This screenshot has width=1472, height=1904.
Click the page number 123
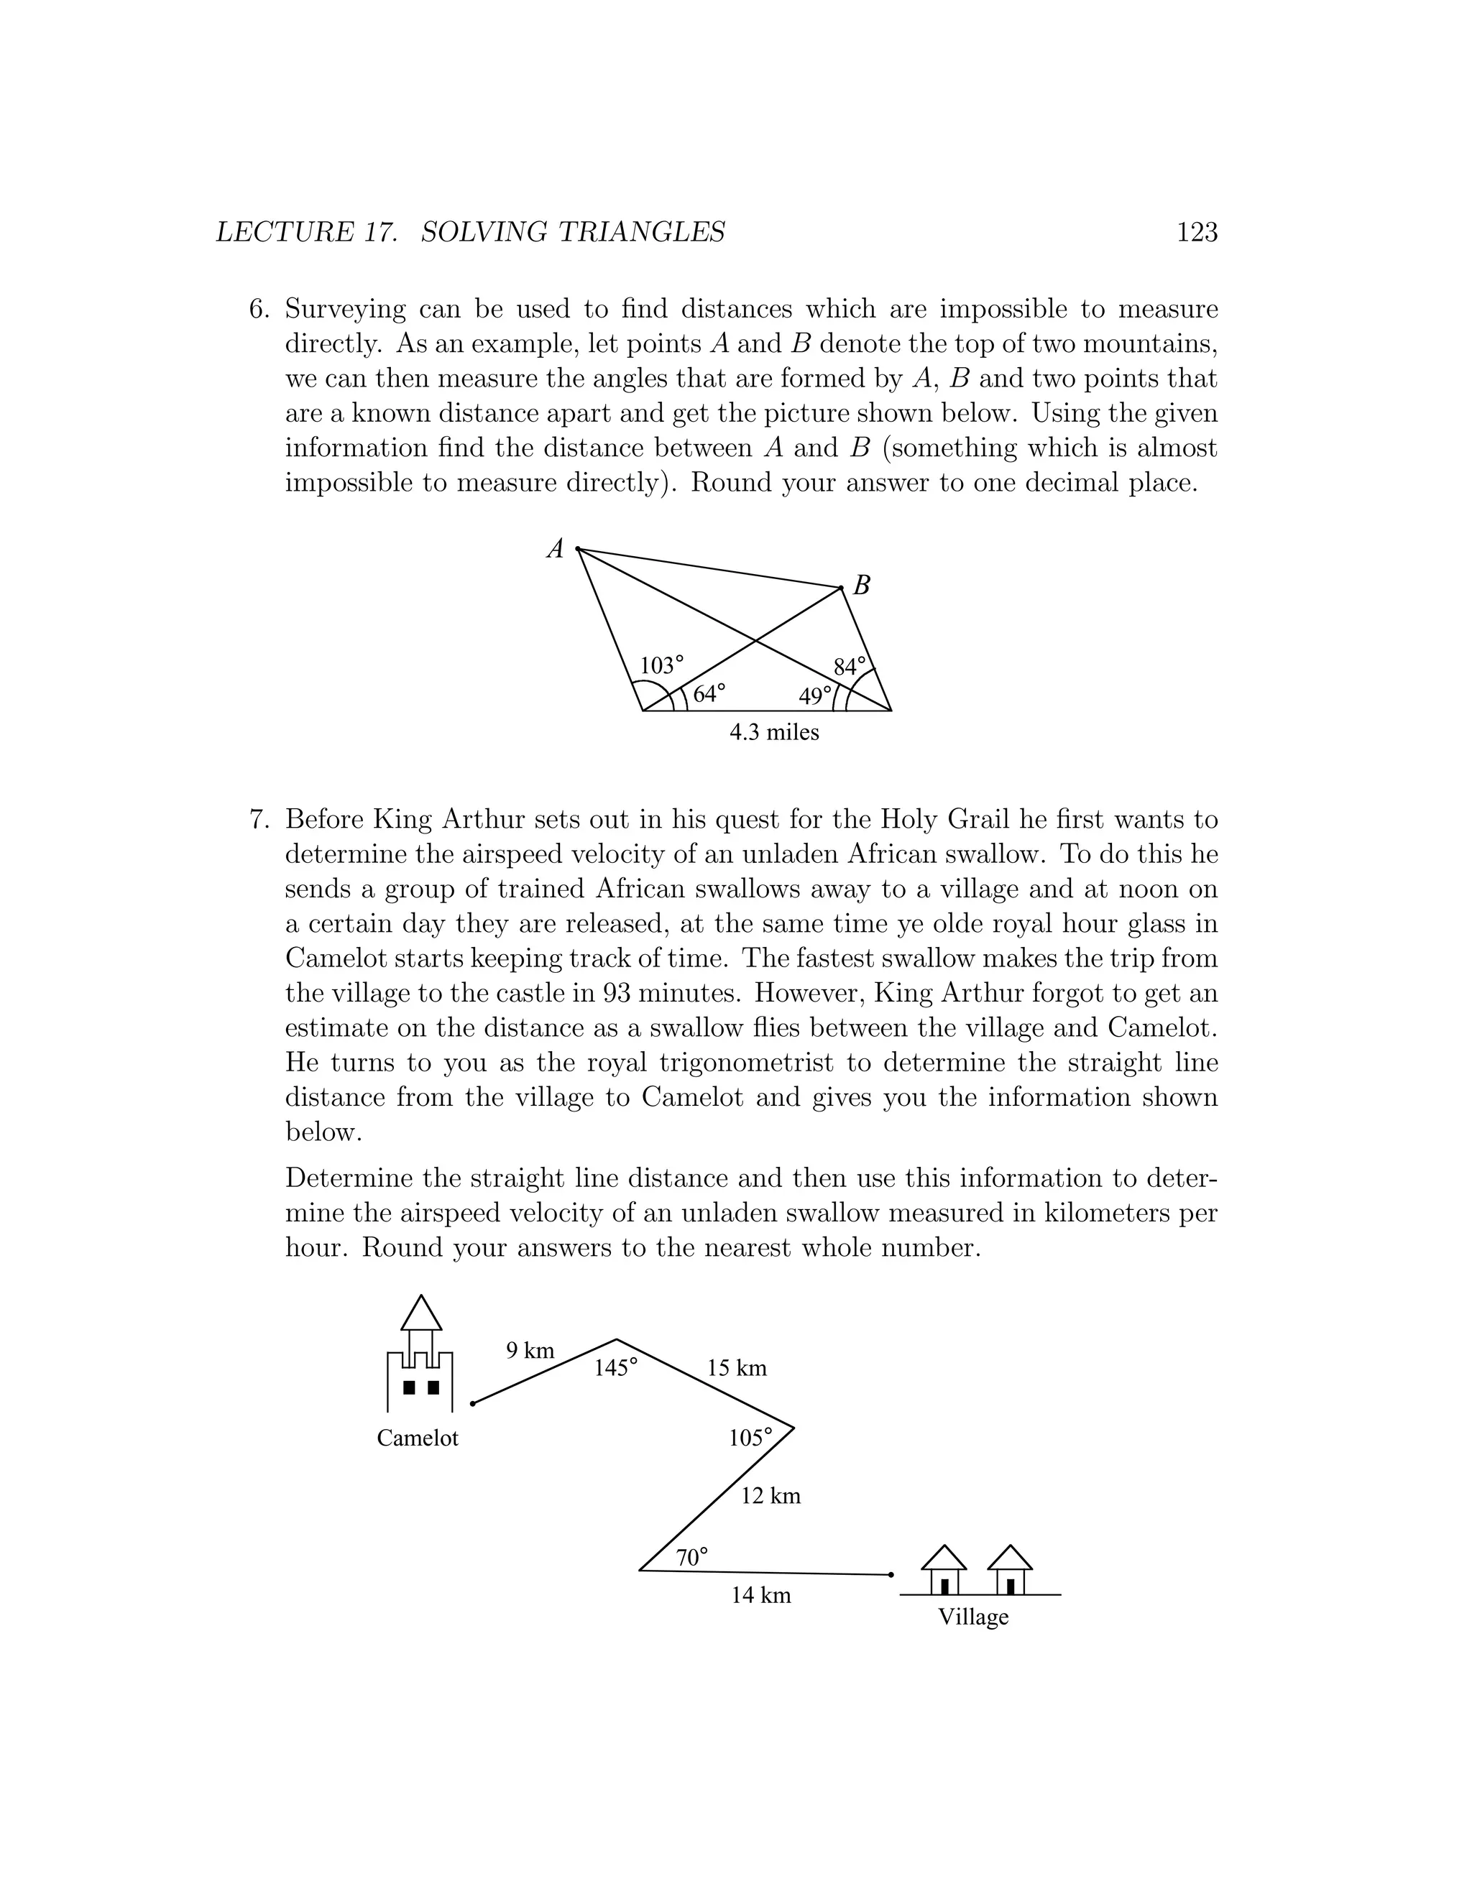(x=1197, y=232)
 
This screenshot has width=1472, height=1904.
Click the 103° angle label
(x=662, y=666)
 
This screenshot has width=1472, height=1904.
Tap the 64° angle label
(x=709, y=694)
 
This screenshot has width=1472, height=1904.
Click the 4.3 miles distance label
(x=774, y=732)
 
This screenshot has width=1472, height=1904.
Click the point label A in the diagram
(x=556, y=549)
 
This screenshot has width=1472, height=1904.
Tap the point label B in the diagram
(x=862, y=586)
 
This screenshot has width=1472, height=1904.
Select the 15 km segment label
(x=737, y=1368)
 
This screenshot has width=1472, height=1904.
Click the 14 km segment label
(x=760, y=1595)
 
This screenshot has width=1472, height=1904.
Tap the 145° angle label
(x=616, y=1368)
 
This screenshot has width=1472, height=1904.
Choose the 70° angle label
(x=691, y=1557)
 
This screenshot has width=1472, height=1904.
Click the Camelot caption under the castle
(x=417, y=1438)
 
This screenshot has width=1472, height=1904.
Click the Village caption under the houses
(x=973, y=1617)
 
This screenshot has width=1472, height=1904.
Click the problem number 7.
(x=257, y=820)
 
